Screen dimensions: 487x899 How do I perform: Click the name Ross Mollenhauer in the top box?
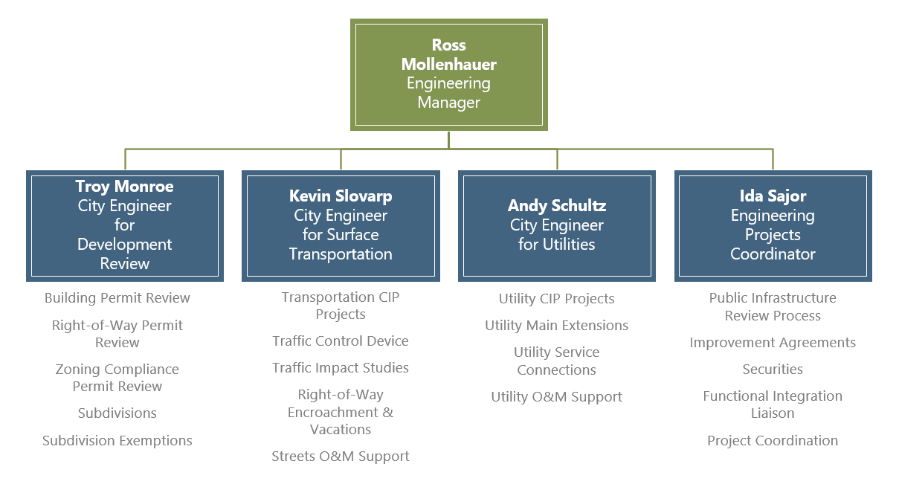point(448,55)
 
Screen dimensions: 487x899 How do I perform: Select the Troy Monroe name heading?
point(124,186)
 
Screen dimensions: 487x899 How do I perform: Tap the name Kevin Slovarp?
point(341,196)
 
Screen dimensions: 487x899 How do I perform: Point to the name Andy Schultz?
point(556,206)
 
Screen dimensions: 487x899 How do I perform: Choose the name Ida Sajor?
point(773,196)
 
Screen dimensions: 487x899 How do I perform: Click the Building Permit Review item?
point(117,298)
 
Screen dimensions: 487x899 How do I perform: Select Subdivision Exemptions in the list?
point(117,441)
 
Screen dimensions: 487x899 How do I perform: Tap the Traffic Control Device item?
point(341,341)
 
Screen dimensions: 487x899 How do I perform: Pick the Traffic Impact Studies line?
point(341,368)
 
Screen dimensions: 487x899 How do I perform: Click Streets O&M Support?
point(341,457)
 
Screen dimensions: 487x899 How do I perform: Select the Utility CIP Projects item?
point(556,299)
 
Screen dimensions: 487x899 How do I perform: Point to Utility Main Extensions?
point(556,326)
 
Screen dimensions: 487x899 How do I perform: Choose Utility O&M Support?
point(556,397)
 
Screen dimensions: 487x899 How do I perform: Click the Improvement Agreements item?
point(773,343)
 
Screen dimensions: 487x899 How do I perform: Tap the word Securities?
point(773,370)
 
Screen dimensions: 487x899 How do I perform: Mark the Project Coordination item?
point(773,441)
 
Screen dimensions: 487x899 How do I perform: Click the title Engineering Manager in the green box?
point(448,93)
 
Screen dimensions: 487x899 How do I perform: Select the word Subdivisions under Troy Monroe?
point(117,413)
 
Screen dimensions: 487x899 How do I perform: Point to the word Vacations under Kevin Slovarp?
point(341,430)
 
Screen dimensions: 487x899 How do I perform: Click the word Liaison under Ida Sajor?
point(773,413)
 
